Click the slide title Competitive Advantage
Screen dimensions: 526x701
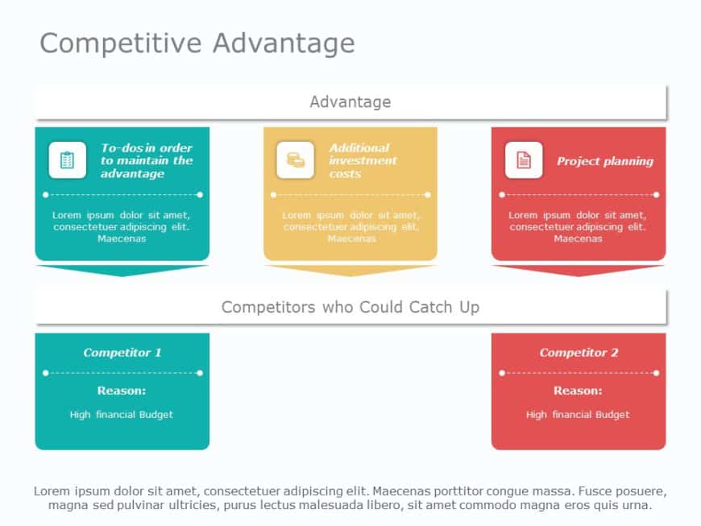(x=197, y=43)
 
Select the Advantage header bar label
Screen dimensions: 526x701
(x=350, y=102)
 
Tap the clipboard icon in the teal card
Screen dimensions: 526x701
(x=67, y=160)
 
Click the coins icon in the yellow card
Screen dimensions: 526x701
(x=296, y=160)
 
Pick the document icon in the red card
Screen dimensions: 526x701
(x=524, y=160)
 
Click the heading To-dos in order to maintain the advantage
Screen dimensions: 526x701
(x=147, y=160)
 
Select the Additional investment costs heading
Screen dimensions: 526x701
(x=363, y=160)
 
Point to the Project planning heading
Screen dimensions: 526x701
(x=604, y=161)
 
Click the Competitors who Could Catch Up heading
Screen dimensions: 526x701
(x=350, y=307)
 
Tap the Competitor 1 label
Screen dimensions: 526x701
(x=122, y=353)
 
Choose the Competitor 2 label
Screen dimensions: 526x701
(x=579, y=353)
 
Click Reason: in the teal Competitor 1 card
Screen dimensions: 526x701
(x=122, y=391)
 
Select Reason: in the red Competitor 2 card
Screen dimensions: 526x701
(x=578, y=391)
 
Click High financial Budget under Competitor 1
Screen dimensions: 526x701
(x=122, y=415)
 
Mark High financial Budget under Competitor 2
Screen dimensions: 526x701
(x=578, y=415)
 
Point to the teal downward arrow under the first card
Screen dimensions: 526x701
(x=122, y=270)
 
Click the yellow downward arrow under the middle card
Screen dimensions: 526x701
(x=350, y=270)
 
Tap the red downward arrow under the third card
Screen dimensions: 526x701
(x=579, y=270)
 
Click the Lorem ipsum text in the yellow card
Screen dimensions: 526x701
(x=350, y=226)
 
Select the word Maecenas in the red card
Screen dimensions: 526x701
(x=578, y=238)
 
